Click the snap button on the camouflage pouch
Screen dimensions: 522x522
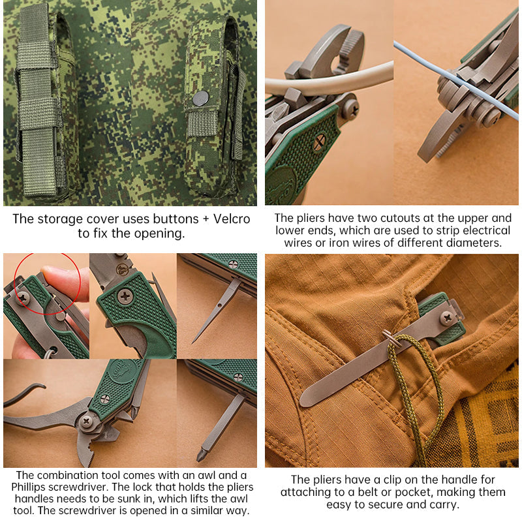coord(200,99)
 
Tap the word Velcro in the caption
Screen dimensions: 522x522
coord(228,219)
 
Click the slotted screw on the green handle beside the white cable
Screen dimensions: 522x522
coord(319,142)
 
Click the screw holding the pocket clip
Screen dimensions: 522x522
coord(447,318)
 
